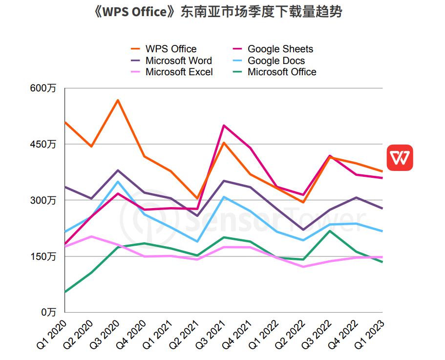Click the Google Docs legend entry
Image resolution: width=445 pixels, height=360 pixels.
coord(276,61)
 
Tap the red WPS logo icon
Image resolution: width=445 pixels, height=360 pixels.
coord(400,158)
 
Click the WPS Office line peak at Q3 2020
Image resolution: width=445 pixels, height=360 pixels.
coord(118,100)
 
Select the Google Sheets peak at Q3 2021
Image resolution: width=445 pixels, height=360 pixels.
coord(224,126)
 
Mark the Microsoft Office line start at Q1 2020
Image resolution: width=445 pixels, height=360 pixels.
coord(65,292)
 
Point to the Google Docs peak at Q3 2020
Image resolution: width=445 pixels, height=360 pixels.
coord(118,182)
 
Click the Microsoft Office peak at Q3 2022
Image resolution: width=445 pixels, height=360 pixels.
coord(330,231)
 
